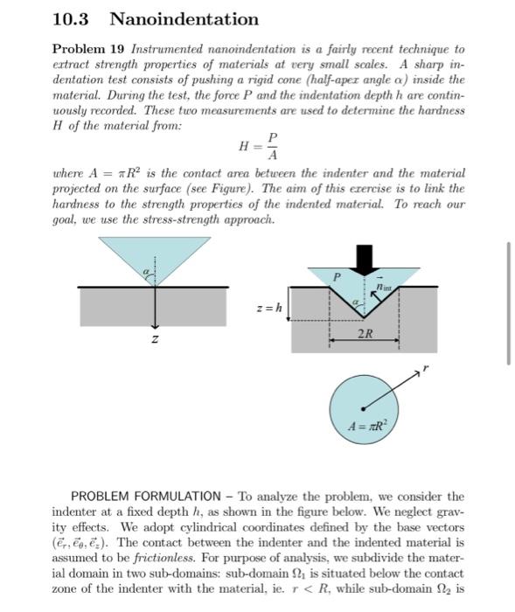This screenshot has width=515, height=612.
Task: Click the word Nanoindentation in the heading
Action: [x=184, y=18]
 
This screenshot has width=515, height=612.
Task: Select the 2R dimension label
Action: [x=365, y=334]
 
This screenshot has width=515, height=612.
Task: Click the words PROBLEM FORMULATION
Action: [x=147, y=496]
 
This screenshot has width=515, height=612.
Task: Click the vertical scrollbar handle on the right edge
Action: [x=508, y=303]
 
